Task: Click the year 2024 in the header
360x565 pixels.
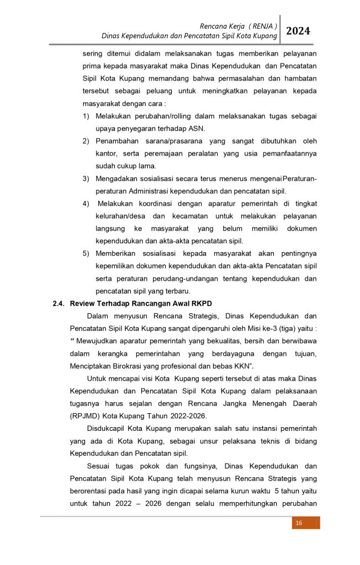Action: click(x=298, y=31)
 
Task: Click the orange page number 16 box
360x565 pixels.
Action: click(x=299, y=523)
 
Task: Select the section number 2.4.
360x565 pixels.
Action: click(x=59, y=303)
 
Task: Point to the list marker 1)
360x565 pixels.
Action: click(x=86, y=116)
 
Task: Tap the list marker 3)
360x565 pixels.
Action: click(x=86, y=179)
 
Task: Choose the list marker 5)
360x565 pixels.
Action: click(x=86, y=253)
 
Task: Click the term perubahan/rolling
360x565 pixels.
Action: click(x=157, y=116)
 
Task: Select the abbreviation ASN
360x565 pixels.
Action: click(x=196, y=129)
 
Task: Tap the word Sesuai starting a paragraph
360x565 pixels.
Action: click(x=99, y=465)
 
